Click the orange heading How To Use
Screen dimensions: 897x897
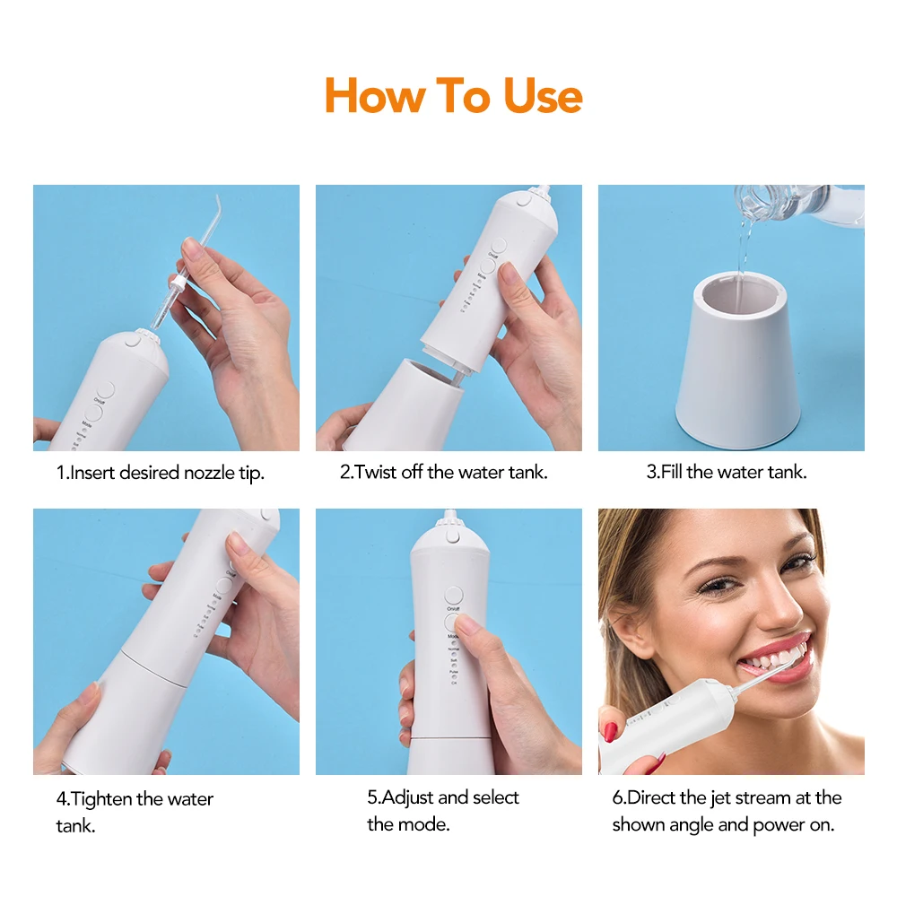(x=453, y=96)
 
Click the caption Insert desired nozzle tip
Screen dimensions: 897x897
(x=161, y=473)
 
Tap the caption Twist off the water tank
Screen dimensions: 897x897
(x=443, y=473)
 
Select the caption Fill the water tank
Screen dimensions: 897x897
(x=727, y=473)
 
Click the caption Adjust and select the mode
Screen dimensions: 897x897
(x=443, y=810)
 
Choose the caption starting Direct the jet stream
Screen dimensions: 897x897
(x=727, y=810)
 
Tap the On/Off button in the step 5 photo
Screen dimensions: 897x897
(x=453, y=596)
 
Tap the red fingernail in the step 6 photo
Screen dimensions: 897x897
(x=609, y=731)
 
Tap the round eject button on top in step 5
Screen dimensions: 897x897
(x=453, y=536)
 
